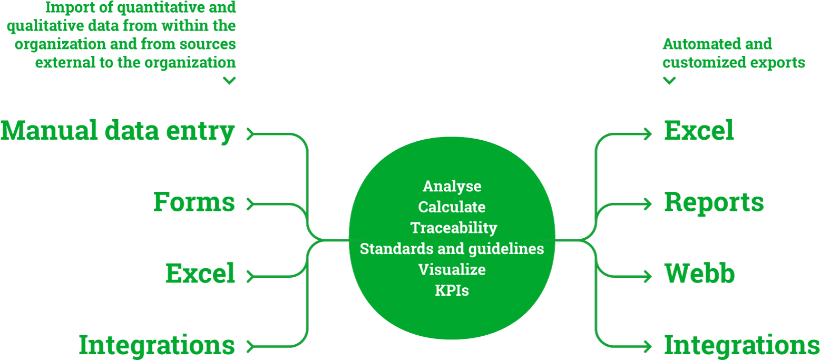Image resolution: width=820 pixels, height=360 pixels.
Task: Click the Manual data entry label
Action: coord(117,131)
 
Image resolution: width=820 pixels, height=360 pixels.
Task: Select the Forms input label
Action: coord(194,202)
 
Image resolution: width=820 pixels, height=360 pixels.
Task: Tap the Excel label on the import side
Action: coord(200,274)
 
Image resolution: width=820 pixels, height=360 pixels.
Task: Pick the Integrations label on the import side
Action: coord(157,345)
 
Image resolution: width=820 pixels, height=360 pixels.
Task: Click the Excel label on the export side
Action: coord(699,131)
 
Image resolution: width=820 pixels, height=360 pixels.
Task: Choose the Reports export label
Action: coord(714,202)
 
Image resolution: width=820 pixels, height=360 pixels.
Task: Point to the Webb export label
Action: coord(699,274)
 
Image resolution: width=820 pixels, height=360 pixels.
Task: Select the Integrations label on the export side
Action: coord(741,345)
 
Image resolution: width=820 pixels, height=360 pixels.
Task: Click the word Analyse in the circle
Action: coord(452,186)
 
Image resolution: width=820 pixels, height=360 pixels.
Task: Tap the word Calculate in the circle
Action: coord(452,207)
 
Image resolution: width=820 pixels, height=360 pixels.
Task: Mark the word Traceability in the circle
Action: coord(454,228)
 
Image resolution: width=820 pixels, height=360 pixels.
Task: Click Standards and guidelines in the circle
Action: coord(452,248)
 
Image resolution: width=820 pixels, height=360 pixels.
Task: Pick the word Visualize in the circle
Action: coord(452,269)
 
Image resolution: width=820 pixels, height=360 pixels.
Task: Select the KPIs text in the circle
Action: coord(452,290)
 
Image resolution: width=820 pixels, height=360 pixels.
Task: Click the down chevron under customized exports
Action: coord(669,81)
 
